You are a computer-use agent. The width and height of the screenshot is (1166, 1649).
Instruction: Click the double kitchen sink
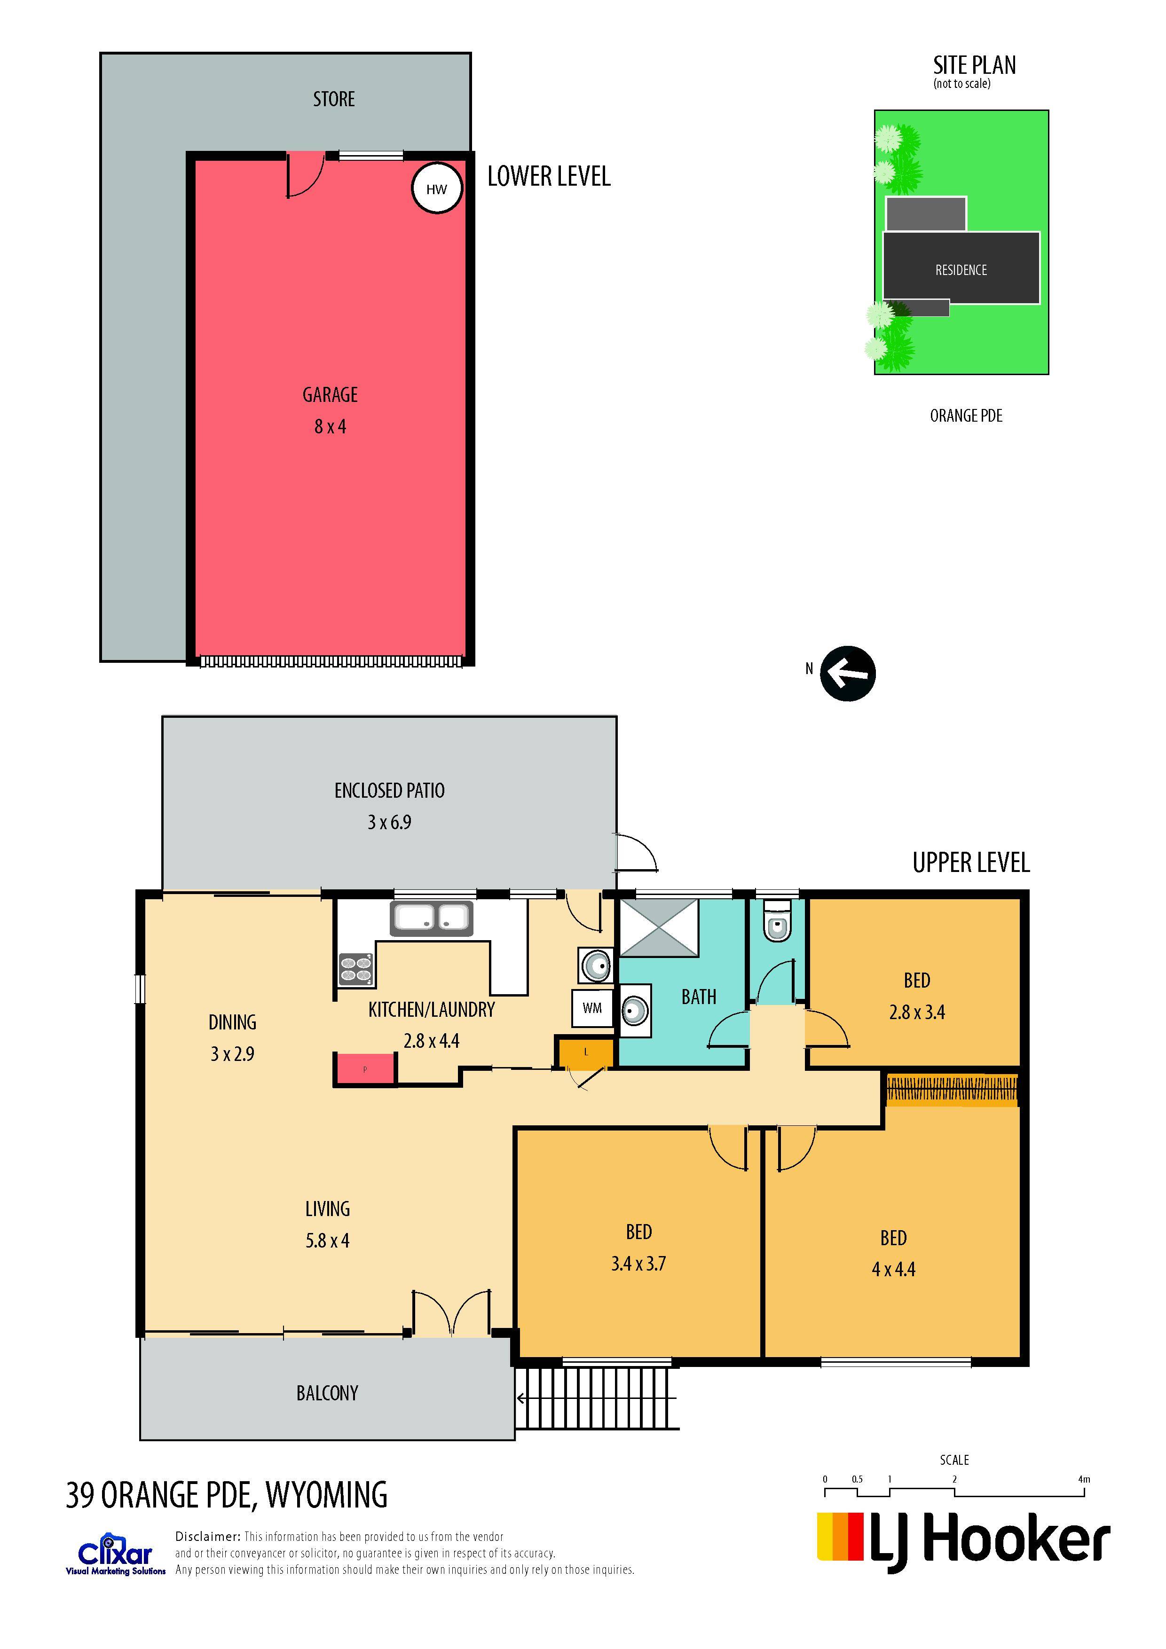(x=431, y=918)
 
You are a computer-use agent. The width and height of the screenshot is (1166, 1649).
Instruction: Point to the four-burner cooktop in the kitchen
(x=355, y=968)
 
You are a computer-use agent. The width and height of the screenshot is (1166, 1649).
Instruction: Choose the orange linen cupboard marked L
(x=585, y=1052)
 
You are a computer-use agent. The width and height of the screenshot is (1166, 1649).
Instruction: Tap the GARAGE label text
(x=330, y=394)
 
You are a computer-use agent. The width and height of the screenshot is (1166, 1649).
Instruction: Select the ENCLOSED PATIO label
(x=389, y=790)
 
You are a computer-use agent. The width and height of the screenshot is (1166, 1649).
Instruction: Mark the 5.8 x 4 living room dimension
(x=328, y=1241)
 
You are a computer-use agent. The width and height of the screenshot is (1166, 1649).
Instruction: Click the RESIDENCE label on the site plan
(x=961, y=270)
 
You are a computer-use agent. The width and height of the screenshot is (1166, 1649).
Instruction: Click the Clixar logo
(x=115, y=1553)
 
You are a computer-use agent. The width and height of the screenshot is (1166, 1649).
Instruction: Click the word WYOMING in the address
(x=327, y=1495)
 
